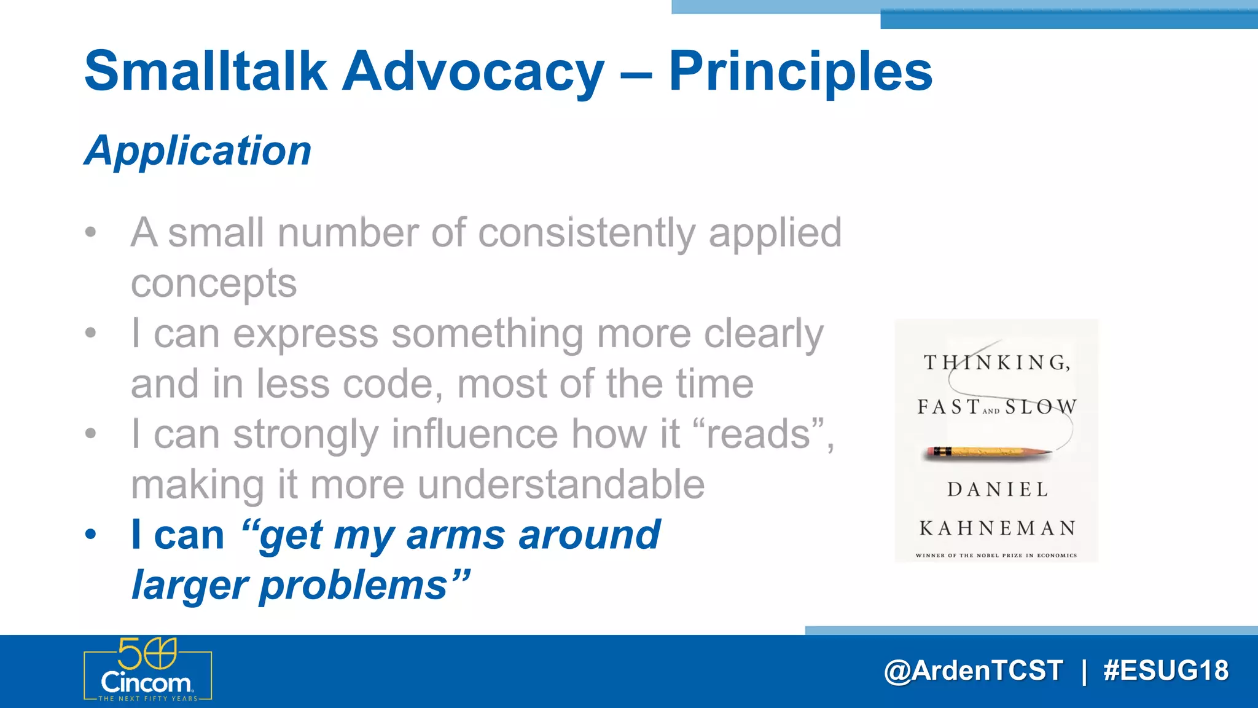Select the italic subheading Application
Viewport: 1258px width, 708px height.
coord(198,151)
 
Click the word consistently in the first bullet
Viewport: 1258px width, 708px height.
coord(586,234)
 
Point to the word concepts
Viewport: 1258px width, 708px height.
coord(213,283)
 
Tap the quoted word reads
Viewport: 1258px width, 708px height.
coord(758,434)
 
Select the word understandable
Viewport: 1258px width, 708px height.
coord(561,485)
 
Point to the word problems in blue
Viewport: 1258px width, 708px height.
coord(353,584)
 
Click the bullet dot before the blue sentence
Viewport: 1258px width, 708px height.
coord(91,535)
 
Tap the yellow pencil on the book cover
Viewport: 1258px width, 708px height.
coord(989,453)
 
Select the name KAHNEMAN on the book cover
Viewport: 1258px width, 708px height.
coord(998,528)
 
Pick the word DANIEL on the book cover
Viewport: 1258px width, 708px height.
coord(998,489)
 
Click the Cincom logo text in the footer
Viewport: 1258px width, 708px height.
coord(146,683)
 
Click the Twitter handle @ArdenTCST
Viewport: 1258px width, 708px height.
coord(973,671)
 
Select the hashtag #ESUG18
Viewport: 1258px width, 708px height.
coord(1165,671)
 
